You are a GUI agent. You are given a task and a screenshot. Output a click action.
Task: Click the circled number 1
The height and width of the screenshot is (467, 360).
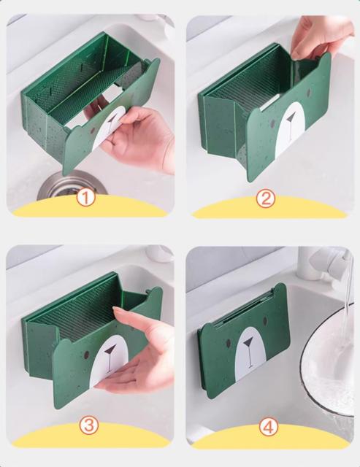[x=85, y=198]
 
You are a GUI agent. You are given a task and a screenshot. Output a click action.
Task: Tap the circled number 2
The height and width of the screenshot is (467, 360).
[x=265, y=198]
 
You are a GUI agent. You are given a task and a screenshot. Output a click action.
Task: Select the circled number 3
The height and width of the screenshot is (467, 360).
[x=90, y=425]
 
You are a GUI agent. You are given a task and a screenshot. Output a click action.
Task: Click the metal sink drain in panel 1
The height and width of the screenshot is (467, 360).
[x=72, y=185]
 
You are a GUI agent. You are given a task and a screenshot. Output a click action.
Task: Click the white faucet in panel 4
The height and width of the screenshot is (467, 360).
[x=328, y=262]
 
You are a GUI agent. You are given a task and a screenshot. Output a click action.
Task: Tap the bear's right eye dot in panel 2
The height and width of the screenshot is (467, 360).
[x=309, y=91]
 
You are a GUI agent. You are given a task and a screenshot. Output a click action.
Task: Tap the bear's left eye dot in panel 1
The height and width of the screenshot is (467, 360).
[x=93, y=131]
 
